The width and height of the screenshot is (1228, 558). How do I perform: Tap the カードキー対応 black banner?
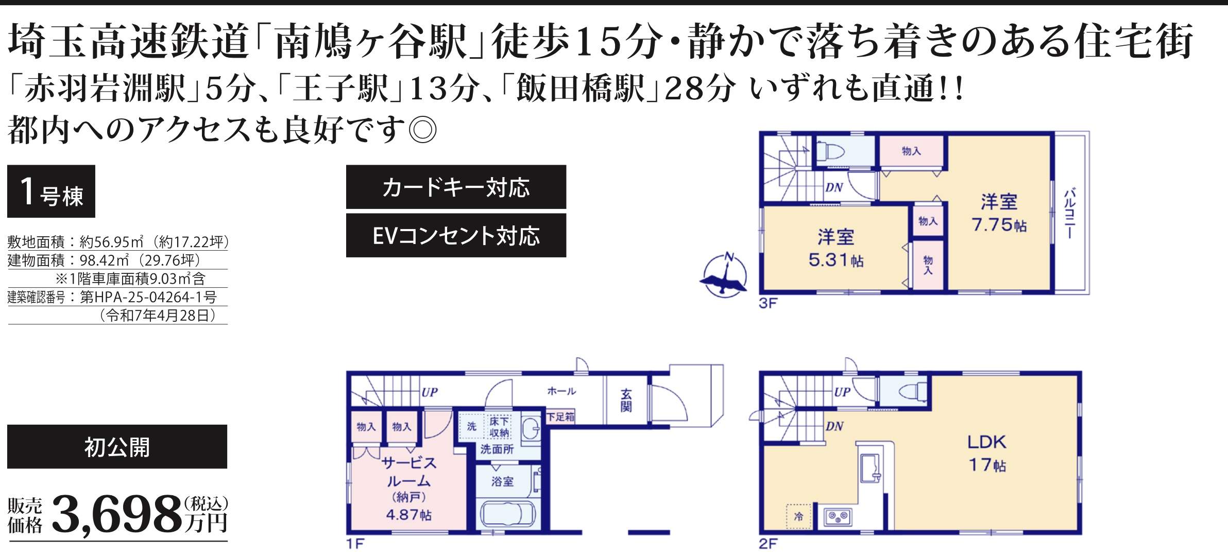pos(456,187)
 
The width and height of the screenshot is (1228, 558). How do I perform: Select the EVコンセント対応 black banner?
pos(456,235)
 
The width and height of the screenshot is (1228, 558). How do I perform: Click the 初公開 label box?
pos(117,447)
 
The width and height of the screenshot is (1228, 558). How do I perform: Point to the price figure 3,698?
pos(117,514)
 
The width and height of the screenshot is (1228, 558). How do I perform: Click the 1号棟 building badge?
pos(51,191)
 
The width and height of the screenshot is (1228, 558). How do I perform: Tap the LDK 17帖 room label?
pos(987,454)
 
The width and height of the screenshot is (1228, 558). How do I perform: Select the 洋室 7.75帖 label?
pos(999,213)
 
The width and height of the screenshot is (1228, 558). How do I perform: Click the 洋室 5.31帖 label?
pos(835,248)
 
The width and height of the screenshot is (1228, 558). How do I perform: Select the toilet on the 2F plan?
pos(913,391)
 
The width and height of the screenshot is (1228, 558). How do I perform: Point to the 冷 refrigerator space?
pos(799,516)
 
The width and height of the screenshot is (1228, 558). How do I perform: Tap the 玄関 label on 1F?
pos(626,400)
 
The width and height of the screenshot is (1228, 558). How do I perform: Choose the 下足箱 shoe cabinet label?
pos(560,416)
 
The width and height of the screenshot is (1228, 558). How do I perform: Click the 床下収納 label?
pos(499,427)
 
